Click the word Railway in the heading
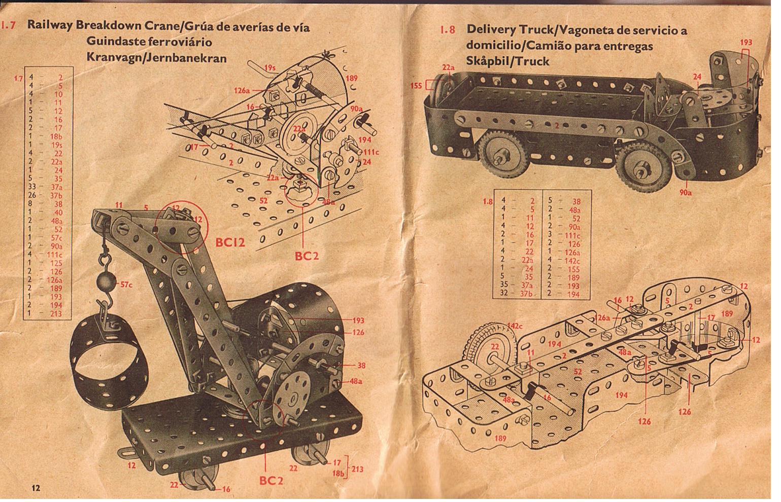click(x=50, y=26)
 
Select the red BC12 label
click(x=230, y=242)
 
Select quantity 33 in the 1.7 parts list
click(x=31, y=187)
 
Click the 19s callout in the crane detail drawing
click(x=270, y=67)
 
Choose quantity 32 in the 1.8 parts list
click(x=504, y=293)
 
